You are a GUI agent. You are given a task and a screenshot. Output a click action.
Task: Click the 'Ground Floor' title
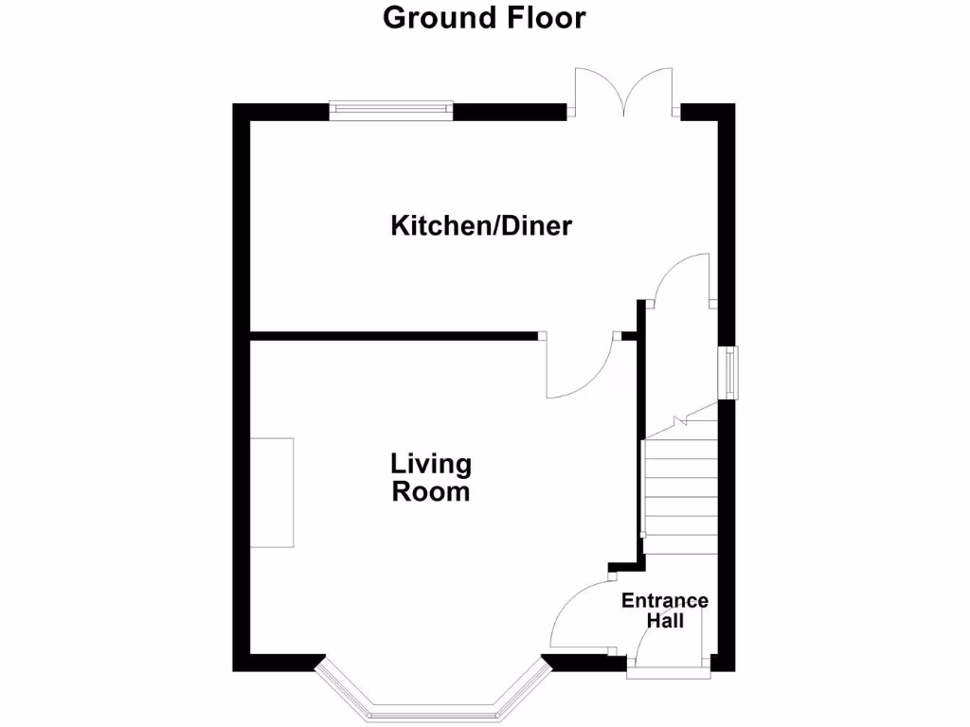click(x=484, y=17)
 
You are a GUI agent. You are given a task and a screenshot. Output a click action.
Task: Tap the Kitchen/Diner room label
click(x=481, y=226)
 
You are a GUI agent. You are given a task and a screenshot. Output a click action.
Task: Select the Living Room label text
click(x=431, y=478)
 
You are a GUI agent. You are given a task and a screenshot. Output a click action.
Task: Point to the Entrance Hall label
click(x=665, y=611)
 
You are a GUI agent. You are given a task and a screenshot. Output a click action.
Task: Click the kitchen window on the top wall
click(x=390, y=111)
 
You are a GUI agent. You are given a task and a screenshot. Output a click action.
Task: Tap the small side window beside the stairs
click(x=730, y=373)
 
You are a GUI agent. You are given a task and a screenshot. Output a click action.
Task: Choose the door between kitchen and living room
click(x=578, y=369)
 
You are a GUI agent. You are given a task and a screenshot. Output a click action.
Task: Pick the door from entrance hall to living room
click(x=578, y=615)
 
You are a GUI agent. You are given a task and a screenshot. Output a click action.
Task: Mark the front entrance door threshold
click(x=666, y=673)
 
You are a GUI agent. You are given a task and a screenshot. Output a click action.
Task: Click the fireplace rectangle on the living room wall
click(x=272, y=492)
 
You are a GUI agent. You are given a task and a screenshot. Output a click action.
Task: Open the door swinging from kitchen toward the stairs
click(x=682, y=279)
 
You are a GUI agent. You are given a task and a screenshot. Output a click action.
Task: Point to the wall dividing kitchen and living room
click(x=393, y=334)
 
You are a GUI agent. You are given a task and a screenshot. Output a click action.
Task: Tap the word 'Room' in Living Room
click(x=431, y=492)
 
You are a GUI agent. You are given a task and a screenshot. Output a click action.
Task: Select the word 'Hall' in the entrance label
click(x=665, y=621)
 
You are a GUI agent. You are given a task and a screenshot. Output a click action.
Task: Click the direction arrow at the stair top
click(x=678, y=419)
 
